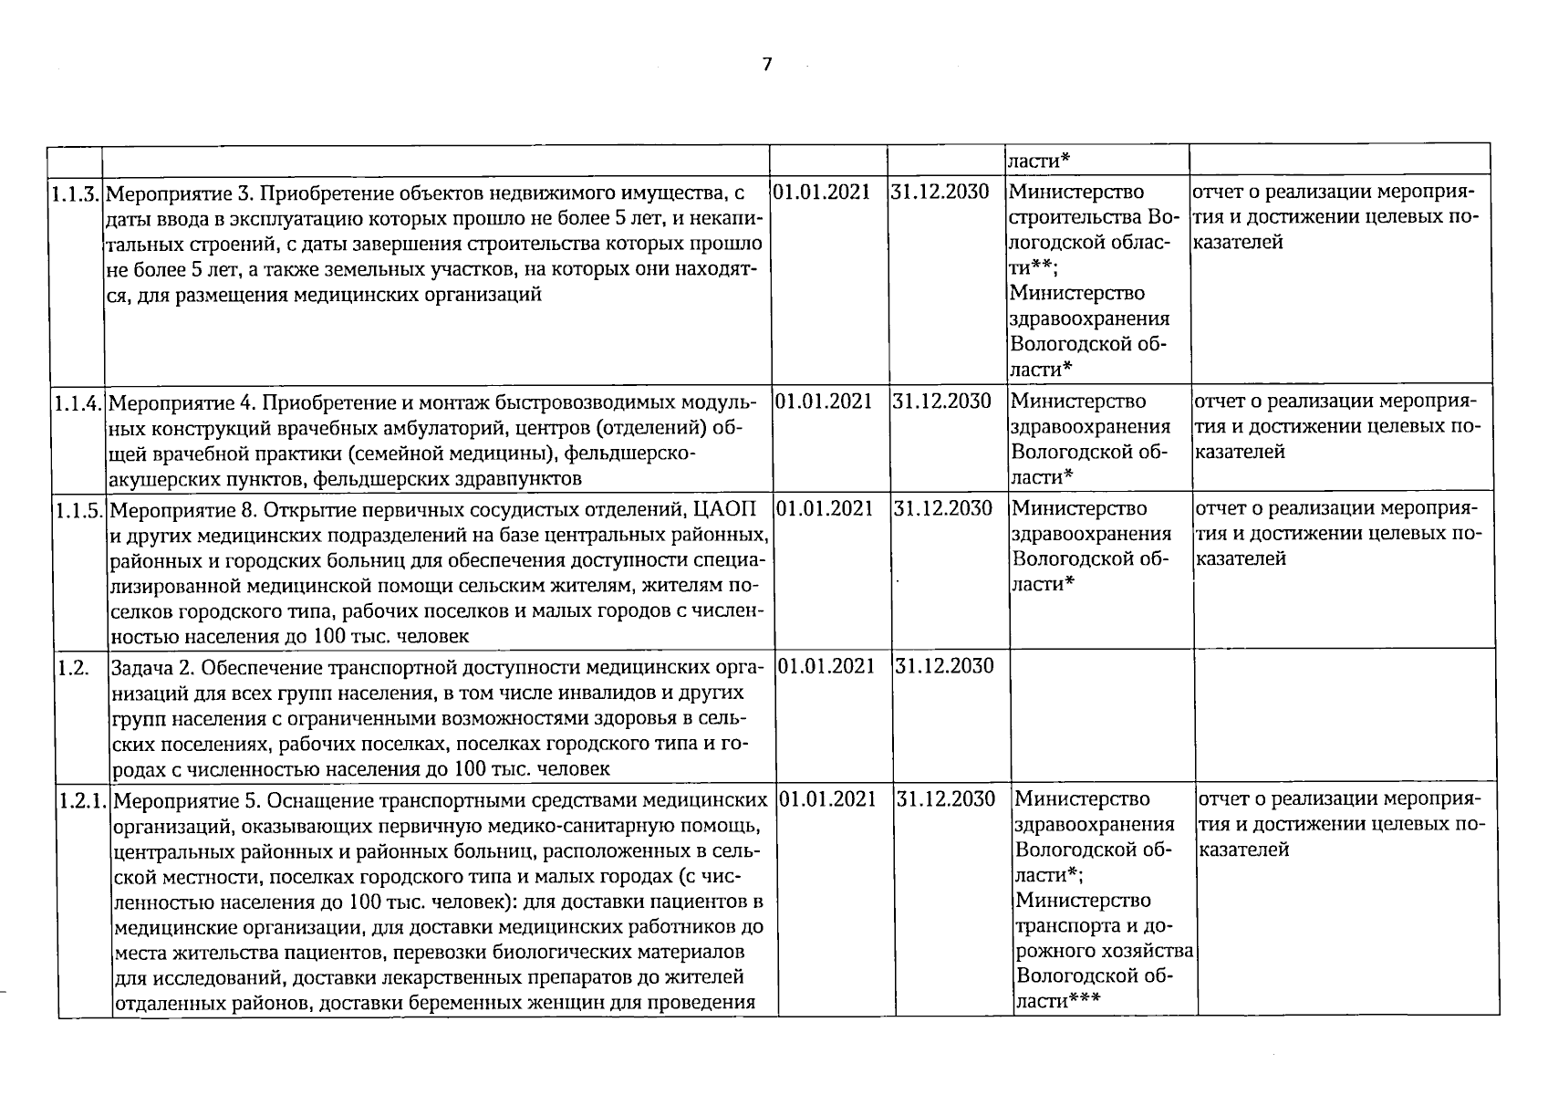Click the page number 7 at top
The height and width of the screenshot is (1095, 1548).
pos(766,64)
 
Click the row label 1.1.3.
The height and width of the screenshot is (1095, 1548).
pos(77,193)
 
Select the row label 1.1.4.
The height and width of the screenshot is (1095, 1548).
pos(78,402)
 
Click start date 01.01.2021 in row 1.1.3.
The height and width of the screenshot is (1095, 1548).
pos(822,193)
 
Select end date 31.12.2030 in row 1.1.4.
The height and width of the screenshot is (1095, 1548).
pos(941,401)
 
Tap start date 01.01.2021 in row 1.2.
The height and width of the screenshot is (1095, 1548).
pos(826,666)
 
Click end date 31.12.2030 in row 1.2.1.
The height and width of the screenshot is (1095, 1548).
pos(946,799)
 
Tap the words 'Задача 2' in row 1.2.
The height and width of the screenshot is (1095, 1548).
pos(150,667)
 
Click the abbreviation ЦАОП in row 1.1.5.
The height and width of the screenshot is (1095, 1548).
pos(725,508)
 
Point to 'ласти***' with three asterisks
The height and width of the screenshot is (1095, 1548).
pos(1058,1000)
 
